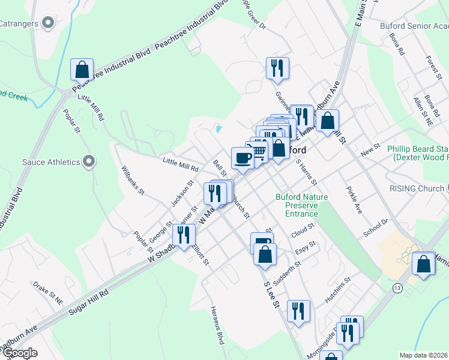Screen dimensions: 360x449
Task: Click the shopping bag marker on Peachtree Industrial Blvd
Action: (x=82, y=70)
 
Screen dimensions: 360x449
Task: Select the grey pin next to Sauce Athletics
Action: (x=89, y=161)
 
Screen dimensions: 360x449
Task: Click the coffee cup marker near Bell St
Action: (x=242, y=158)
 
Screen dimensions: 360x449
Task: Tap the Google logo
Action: (x=19, y=353)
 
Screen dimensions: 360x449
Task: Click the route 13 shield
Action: (x=397, y=289)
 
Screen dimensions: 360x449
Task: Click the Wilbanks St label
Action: (x=133, y=181)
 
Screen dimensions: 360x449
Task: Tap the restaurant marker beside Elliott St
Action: (x=183, y=235)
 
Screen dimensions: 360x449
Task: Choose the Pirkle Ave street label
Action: (x=354, y=200)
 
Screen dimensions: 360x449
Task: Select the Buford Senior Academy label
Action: (x=414, y=26)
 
